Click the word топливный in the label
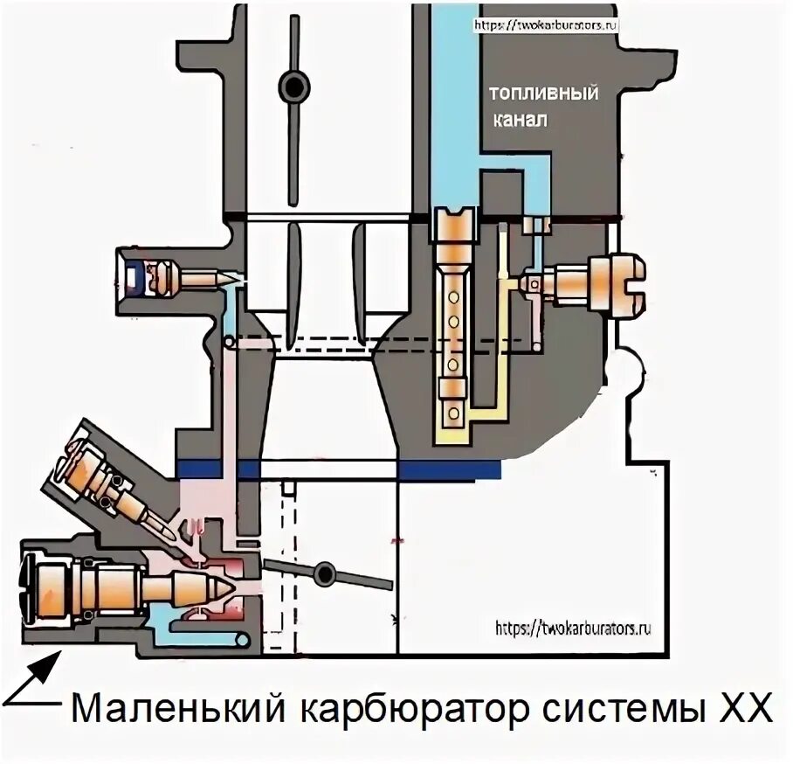[542, 94]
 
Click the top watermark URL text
[545, 25]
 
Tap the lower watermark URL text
[572, 628]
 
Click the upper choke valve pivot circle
[294, 86]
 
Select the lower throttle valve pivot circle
[326, 573]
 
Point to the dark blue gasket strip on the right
[449, 470]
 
